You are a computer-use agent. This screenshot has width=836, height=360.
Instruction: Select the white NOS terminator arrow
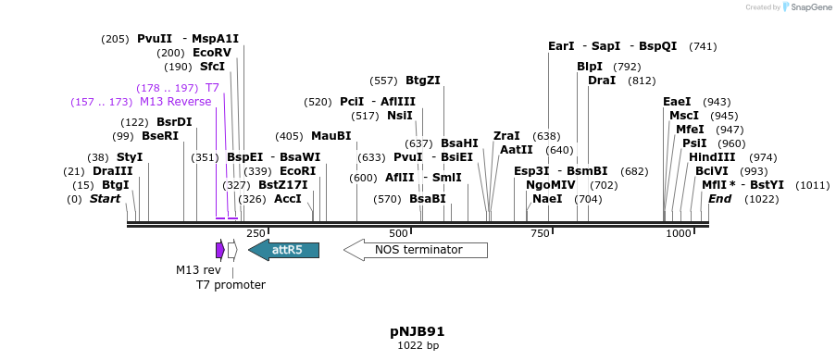click(416, 250)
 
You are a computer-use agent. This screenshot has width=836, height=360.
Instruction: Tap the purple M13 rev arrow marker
click(220, 250)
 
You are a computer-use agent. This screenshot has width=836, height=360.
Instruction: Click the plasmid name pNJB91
click(418, 331)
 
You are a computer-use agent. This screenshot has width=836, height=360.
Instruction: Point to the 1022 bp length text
click(418, 346)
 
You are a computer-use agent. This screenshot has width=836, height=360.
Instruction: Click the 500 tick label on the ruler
click(398, 233)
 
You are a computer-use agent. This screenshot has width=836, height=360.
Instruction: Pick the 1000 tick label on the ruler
click(679, 233)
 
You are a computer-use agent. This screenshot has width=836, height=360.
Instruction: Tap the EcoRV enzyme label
click(212, 53)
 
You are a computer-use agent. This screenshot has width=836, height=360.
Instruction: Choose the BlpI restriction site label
click(590, 67)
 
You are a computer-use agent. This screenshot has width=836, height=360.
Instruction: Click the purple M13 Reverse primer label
click(176, 102)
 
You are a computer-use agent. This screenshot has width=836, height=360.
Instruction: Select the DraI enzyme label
click(602, 81)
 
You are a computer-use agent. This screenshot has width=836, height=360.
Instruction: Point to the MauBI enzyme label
click(331, 136)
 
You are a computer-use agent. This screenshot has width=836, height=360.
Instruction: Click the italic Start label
click(105, 199)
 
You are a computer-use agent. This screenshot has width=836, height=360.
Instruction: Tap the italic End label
click(720, 199)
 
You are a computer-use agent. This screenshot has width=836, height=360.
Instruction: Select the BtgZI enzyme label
click(423, 81)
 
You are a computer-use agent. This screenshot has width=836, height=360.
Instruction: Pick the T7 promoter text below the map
click(231, 285)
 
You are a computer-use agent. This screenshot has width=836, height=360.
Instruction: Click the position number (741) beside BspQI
click(703, 46)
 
